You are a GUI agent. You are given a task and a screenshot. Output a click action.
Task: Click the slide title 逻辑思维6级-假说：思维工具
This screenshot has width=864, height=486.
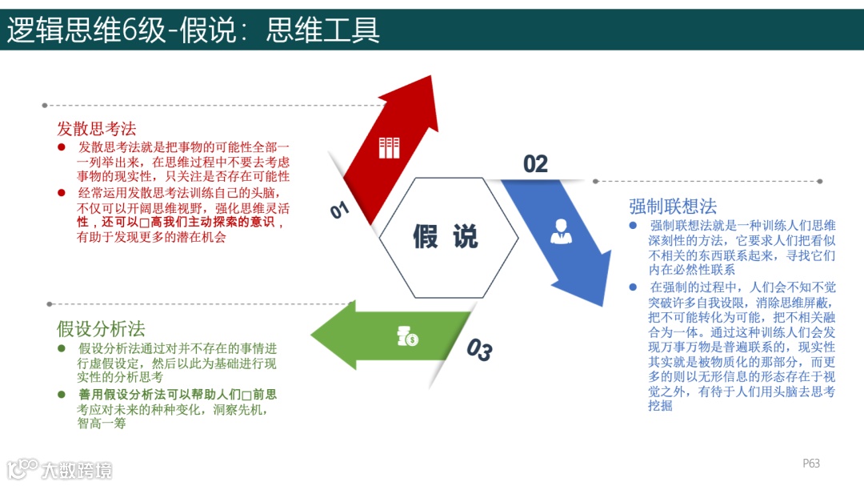pos(193,30)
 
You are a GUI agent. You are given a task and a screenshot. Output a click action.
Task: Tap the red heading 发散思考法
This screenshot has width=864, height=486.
pos(97,128)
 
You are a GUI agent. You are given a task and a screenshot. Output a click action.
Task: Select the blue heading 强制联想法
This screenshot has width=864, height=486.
pos(672,206)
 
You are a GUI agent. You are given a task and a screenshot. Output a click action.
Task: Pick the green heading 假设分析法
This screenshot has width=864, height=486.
pos(101,329)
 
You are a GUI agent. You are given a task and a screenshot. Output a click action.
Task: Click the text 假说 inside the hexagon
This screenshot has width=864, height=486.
pos(446,237)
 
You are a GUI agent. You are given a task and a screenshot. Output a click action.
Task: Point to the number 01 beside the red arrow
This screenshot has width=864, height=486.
pos(340,210)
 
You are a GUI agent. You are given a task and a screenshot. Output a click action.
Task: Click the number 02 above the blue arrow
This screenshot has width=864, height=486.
pos(535,164)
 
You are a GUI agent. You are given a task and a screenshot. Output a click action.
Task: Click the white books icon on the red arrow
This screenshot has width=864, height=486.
pos(389,148)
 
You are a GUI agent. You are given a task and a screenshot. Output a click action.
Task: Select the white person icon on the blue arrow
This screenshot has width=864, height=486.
pos(561,231)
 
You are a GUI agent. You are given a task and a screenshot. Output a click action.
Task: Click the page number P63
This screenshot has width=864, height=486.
pos(811,464)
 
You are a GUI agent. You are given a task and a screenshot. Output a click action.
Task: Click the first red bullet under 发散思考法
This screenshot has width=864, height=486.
pos(62,147)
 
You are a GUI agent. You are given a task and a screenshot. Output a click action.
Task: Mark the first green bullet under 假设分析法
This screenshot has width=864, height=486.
pos(62,348)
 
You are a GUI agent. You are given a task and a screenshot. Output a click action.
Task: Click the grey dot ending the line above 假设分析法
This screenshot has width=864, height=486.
pos(50,304)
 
